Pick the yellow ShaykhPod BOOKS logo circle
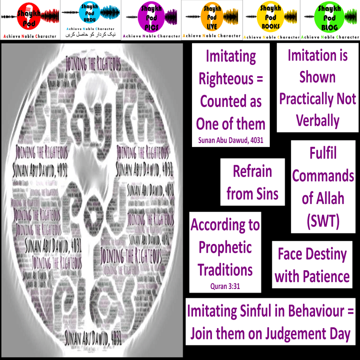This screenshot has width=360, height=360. tap(271, 16)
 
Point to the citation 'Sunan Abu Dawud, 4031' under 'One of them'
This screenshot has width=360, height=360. tap(231, 141)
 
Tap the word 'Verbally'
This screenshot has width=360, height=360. tap(317, 121)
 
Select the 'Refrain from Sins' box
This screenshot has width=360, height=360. tap(252, 182)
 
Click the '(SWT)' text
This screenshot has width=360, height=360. tap(323, 220)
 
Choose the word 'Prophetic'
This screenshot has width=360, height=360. tap(225, 248)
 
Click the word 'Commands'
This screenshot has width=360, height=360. tap(323, 176)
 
